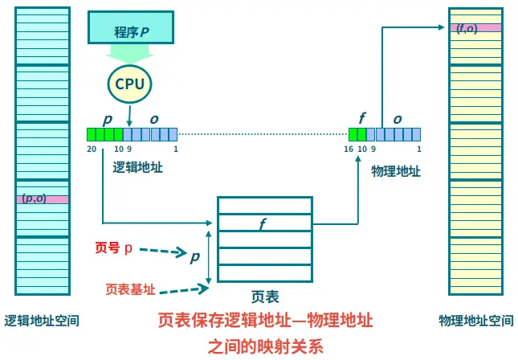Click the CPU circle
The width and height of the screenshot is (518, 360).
[130, 84]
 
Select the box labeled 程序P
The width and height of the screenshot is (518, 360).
[130, 31]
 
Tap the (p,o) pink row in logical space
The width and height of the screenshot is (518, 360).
[42, 198]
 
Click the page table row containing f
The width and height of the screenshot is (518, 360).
[264, 223]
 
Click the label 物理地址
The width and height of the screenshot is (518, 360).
[395, 170]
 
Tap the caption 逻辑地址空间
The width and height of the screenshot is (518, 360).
[42, 321]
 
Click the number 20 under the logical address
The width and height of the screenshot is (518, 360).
[92, 149]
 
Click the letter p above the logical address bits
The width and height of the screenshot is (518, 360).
[108, 117]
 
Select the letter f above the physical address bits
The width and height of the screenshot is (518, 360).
[361, 117]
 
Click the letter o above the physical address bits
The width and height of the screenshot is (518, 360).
[397, 118]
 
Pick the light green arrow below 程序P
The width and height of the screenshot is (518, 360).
[130, 55]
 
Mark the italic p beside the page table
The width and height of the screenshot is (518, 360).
[194, 256]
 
